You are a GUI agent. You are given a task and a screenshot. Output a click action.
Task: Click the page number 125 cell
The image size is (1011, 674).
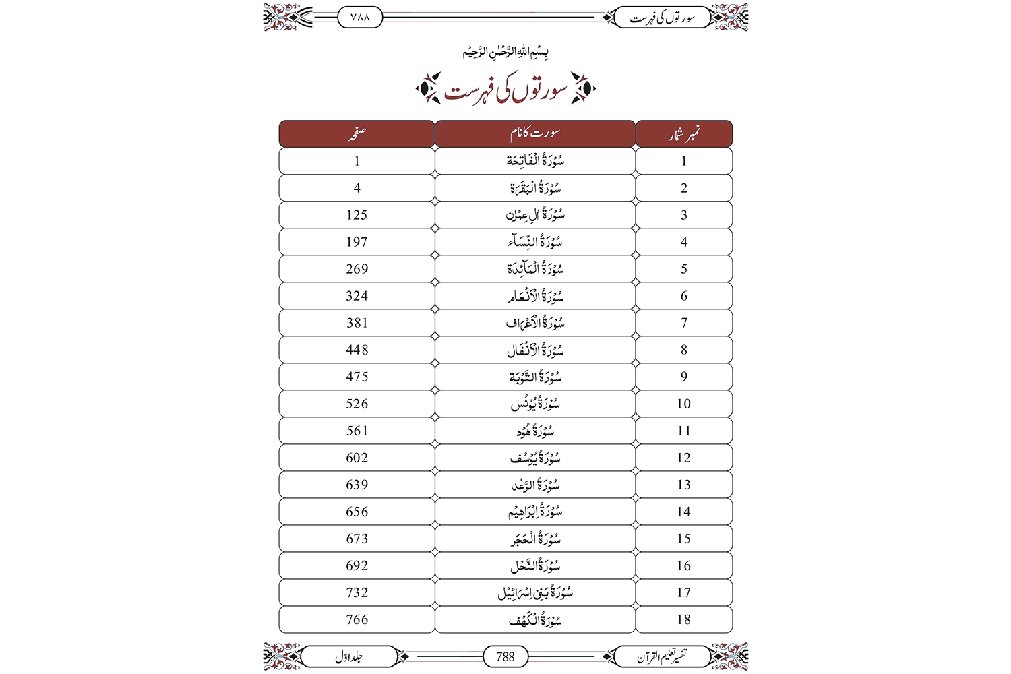pyautogui.click(x=357, y=215)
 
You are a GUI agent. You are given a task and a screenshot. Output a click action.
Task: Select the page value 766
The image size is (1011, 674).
pyautogui.click(x=357, y=619)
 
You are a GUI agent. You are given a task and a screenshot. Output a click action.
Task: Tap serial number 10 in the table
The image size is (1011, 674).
pyautogui.click(x=683, y=404)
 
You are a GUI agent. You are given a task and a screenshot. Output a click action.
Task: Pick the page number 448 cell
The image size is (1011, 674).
pyautogui.click(x=357, y=350)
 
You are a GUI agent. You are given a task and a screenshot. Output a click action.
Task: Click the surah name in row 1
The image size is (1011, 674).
pyautogui.click(x=535, y=161)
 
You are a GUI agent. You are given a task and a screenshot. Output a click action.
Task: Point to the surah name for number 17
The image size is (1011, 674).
pyautogui.click(x=535, y=592)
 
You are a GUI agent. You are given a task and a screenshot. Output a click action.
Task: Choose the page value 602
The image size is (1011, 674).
pyautogui.click(x=357, y=458)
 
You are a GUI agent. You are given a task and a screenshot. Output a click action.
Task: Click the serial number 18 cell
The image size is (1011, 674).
pyautogui.click(x=683, y=619)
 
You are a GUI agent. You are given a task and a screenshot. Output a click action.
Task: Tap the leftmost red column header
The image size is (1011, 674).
pyautogui.click(x=357, y=134)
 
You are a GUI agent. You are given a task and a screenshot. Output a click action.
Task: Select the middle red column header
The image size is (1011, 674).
pyautogui.click(x=535, y=134)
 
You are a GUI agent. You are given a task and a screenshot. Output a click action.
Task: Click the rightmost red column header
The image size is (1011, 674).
pyautogui.click(x=683, y=134)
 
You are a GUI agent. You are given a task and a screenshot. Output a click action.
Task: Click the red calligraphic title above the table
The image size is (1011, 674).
pyautogui.click(x=506, y=90)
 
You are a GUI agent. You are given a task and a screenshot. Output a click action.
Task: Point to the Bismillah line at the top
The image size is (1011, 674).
pyautogui.click(x=506, y=52)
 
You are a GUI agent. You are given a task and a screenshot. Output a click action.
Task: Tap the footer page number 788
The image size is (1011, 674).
pyautogui.click(x=506, y=656)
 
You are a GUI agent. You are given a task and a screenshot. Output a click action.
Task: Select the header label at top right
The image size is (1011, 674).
pyautogui.click(x=662, y=18)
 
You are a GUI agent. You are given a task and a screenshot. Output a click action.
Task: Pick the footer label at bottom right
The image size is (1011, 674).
pyautogui.click(x=662, y=656)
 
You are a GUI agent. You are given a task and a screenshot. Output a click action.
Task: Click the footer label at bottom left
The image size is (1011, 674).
pyautogui.click(x=348, y=656)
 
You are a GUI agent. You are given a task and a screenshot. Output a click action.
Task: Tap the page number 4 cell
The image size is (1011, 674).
pyautogui.click(x=357, y=188)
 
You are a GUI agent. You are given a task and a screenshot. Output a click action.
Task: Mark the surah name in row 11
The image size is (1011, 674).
pyautogui.click(x=535, y=431)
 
